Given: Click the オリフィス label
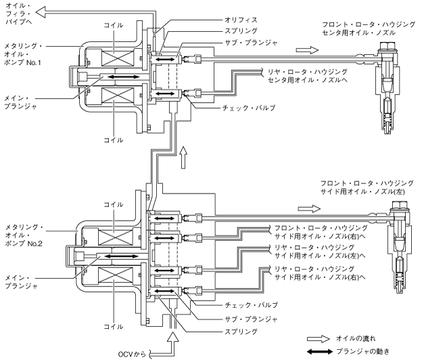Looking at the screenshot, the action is click(241, 20).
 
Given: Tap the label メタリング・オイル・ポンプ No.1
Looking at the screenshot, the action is click(23, 54).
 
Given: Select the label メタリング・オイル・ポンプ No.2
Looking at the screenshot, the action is click(24, 235).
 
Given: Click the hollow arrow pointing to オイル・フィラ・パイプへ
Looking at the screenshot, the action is click(41, 12).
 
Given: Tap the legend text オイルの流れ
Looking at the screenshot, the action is click(356, 338).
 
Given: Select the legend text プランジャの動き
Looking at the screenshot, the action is click(362, 352).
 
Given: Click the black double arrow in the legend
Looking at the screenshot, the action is click(320, 352).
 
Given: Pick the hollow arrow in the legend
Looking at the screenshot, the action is click(319, 339).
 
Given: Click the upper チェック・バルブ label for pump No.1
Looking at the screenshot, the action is click(248, 108).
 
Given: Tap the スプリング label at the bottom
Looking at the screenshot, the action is click(241, 332).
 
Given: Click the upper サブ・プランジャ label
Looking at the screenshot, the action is click(251, 43).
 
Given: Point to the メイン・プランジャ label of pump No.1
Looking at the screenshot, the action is click(20, 102).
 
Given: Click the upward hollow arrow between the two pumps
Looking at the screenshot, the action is click(184, 158).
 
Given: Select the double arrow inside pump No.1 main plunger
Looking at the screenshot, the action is click(124, 77).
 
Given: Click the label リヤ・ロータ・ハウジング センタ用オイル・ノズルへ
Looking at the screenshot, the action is click(308, 76).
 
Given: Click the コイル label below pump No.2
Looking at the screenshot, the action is click(114, 326).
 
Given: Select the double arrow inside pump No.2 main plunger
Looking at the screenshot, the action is click(122, 256).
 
